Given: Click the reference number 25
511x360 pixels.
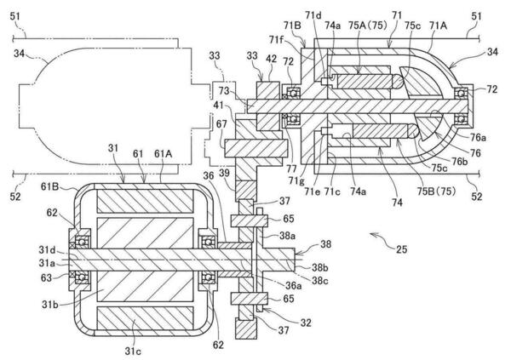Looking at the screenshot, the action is tap(401, 249).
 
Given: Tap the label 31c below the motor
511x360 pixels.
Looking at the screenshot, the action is tap(133, 351).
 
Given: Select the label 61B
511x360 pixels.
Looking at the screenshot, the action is tap(50, 186).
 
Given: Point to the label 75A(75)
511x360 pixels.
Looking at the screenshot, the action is tap(367, 25).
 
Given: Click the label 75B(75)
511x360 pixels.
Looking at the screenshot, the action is tap(437, 191).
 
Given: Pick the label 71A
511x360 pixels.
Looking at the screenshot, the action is tap(438, 25).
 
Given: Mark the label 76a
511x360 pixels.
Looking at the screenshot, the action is tap(478, 138).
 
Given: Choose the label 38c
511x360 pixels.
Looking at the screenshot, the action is tap(320, 281).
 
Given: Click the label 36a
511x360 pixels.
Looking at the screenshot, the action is tap(294, 286).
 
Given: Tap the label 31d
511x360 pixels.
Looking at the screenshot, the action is tap(47, 250).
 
